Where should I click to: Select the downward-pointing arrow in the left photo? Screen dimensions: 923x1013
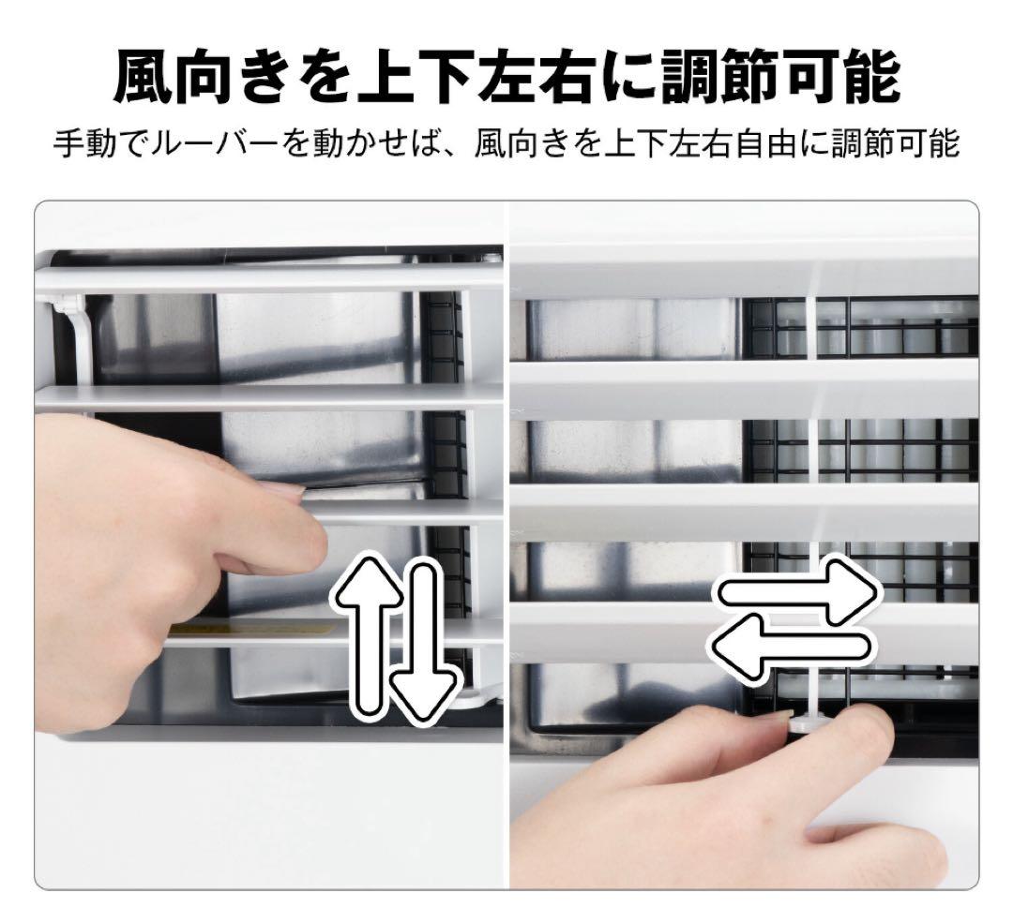coord(426,647)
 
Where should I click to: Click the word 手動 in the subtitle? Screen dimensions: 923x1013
coord(88,144)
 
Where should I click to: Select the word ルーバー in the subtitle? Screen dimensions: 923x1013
coord(238,144)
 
